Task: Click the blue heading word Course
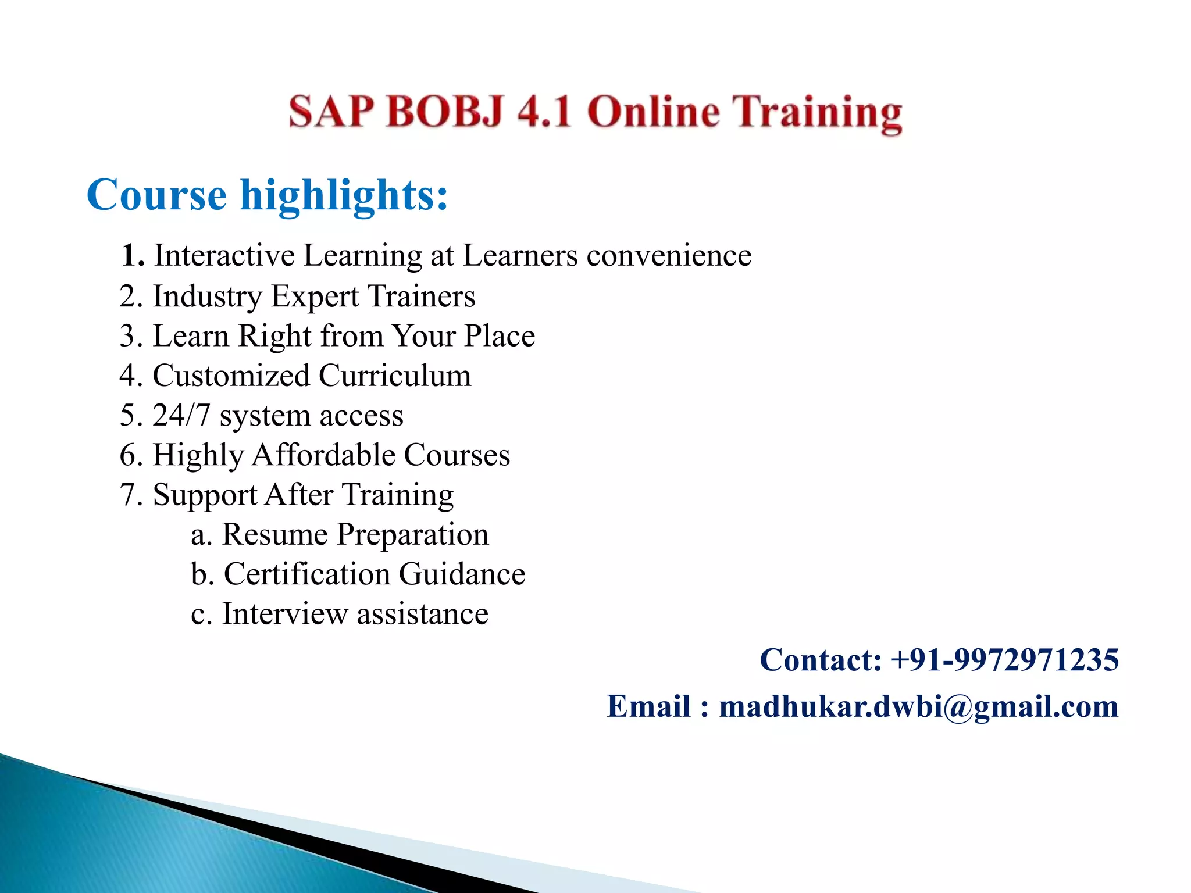(156, 195)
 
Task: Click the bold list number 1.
(132, 255)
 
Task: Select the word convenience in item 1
(669, 256)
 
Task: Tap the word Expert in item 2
(315, 297)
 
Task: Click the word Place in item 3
(500, 336)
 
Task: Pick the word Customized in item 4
(231, 376)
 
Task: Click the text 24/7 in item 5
(181, 416)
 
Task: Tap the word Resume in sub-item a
(275, 534)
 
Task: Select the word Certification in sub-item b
(306, 574)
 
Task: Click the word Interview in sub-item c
(284, 614)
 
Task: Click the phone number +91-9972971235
(1004, 660)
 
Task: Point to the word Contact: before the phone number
(821, 660)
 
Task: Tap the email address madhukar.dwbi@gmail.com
(919, 707)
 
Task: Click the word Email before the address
(649, 707)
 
